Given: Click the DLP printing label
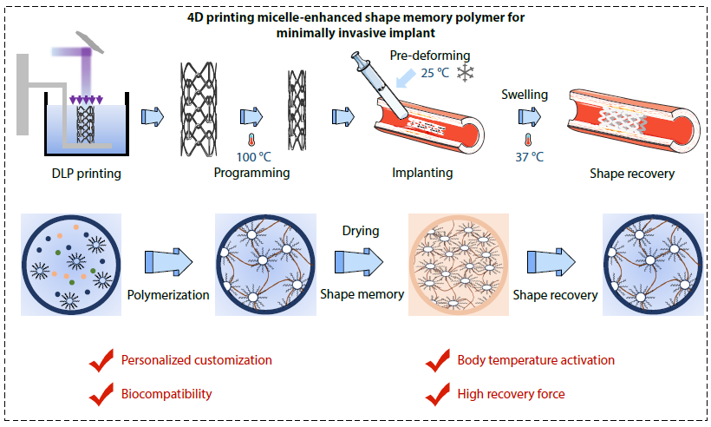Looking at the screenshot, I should click(x=85, y=173).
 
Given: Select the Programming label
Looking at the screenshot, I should click(x=251, y=173).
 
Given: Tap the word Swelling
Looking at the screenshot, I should click(x=525, y=94).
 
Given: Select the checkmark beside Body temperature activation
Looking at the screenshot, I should click(x=438, y=361).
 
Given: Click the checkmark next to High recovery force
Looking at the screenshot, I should click(x=438, y=395).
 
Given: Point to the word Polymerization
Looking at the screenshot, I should click(x=168, y=295).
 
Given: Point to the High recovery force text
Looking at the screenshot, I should click(x=511, y=394).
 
